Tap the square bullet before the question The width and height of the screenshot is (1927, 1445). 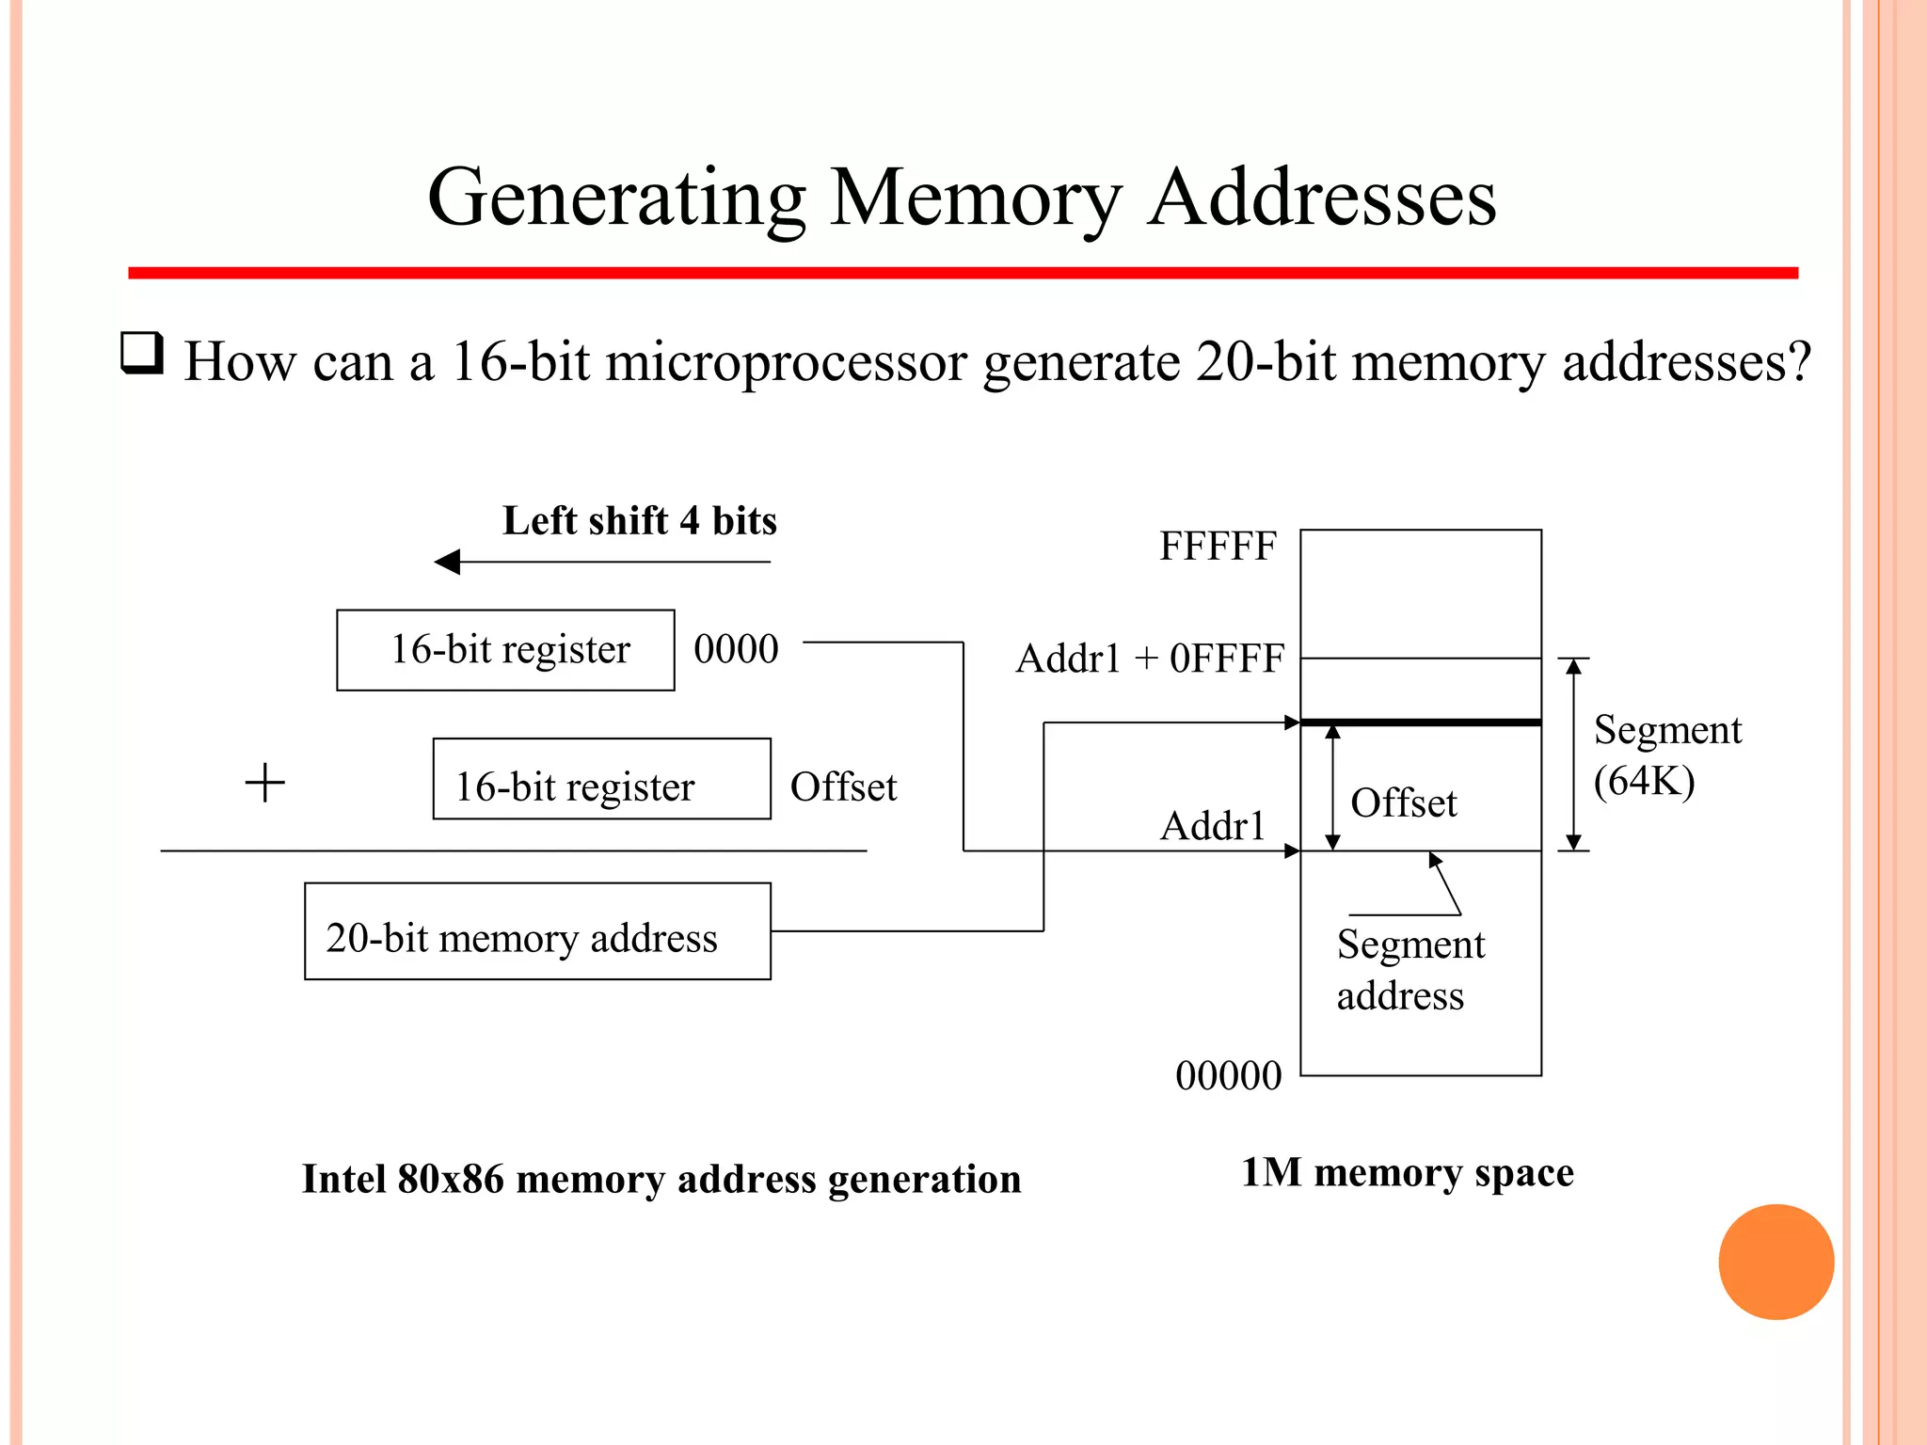click(142, 355)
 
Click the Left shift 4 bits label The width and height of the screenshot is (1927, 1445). click(640, 521)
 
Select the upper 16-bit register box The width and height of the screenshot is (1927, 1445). click(505, 650)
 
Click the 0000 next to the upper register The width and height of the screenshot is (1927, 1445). click(736, 649)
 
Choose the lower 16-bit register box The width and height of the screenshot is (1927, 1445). click(601, 779)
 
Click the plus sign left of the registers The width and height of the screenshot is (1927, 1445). click(265, 783)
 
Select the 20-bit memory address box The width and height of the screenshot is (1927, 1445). click(537, 931)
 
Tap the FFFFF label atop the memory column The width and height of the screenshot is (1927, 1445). click(1218, 547)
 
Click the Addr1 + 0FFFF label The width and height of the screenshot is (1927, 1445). click(1150, 659)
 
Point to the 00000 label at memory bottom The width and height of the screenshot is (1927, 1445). click(1228, 1075)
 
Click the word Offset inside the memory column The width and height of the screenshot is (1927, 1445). click(1403, 803)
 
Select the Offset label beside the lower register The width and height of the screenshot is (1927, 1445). click(843, 787)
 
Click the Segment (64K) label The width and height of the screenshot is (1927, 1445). click(1666, 755)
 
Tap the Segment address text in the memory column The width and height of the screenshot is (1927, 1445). click(1409, 969)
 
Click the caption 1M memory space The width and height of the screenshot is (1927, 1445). click(1407, 1173)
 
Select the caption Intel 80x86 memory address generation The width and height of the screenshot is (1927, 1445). click(661, 1180)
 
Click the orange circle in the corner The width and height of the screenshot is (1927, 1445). click(1776, 1262)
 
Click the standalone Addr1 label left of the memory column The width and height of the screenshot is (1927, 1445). click(1212, 827)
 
